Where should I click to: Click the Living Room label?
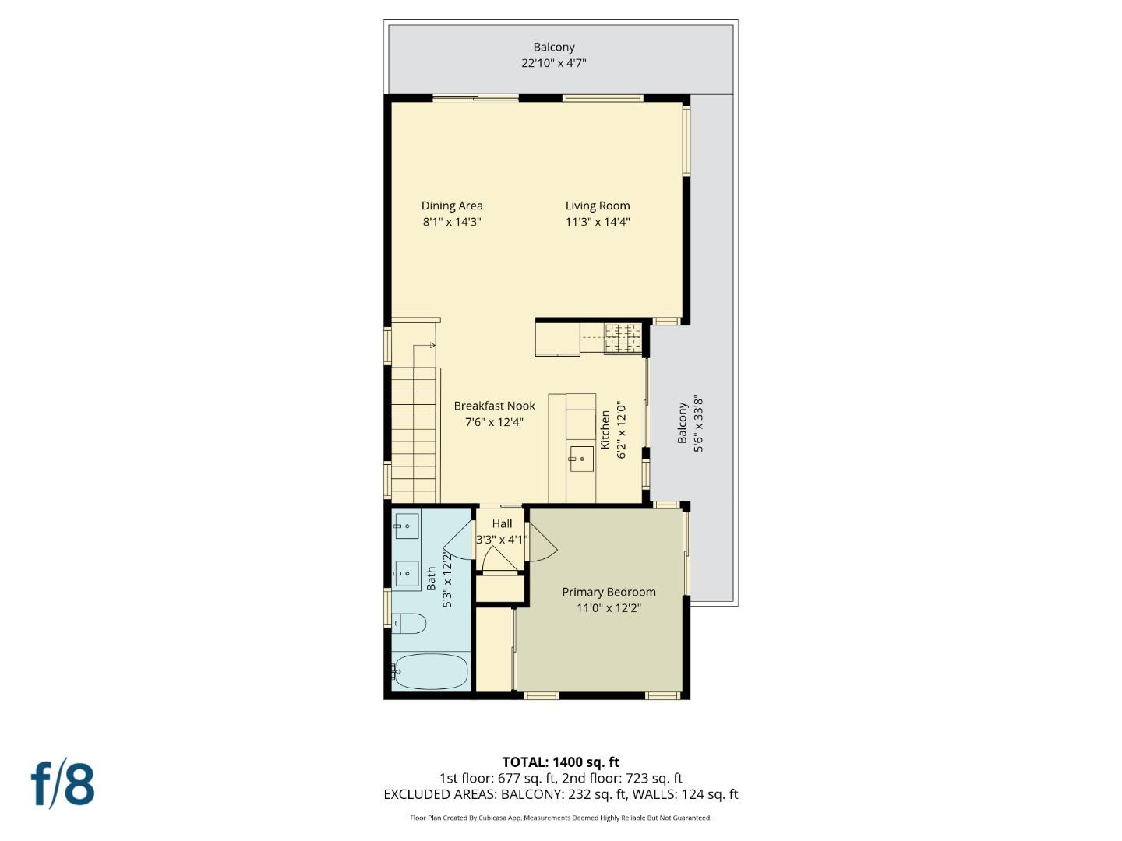598,206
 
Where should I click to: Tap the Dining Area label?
452,206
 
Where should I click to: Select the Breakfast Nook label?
494,406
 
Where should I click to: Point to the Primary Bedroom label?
609,592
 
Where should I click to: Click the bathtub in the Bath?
431,670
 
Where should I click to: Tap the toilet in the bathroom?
409,624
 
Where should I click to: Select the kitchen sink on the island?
581,459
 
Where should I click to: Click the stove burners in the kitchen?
623,337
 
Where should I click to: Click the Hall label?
502,524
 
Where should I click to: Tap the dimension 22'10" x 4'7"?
553,63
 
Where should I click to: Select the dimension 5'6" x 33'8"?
698,423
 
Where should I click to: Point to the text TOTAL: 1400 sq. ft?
560,762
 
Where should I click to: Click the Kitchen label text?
605,430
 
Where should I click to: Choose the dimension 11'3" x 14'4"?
598,222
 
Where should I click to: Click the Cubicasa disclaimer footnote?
560,818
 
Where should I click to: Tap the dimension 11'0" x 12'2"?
609,608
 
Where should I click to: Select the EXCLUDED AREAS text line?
560,794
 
